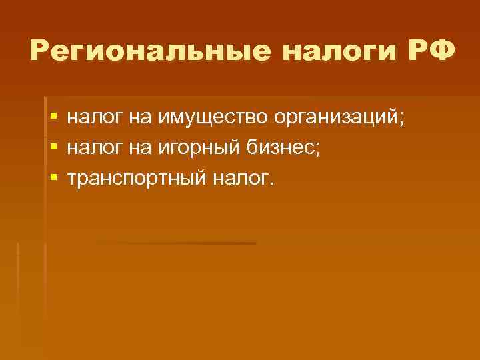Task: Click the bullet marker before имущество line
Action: pyautogui.click(x=53, y=118)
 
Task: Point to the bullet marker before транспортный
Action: pyautogui.click(x=53, y=178)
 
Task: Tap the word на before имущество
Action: pyautogui.click(x=137, y=118)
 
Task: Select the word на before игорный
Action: pyautogui.click(x=137, y=148)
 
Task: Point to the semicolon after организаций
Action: pyautogui.click(x=401, y=120)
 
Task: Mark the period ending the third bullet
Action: pyautogui.click(x=271, y=183)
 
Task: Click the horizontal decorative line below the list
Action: pyautogui.click(x=177, y=243)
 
